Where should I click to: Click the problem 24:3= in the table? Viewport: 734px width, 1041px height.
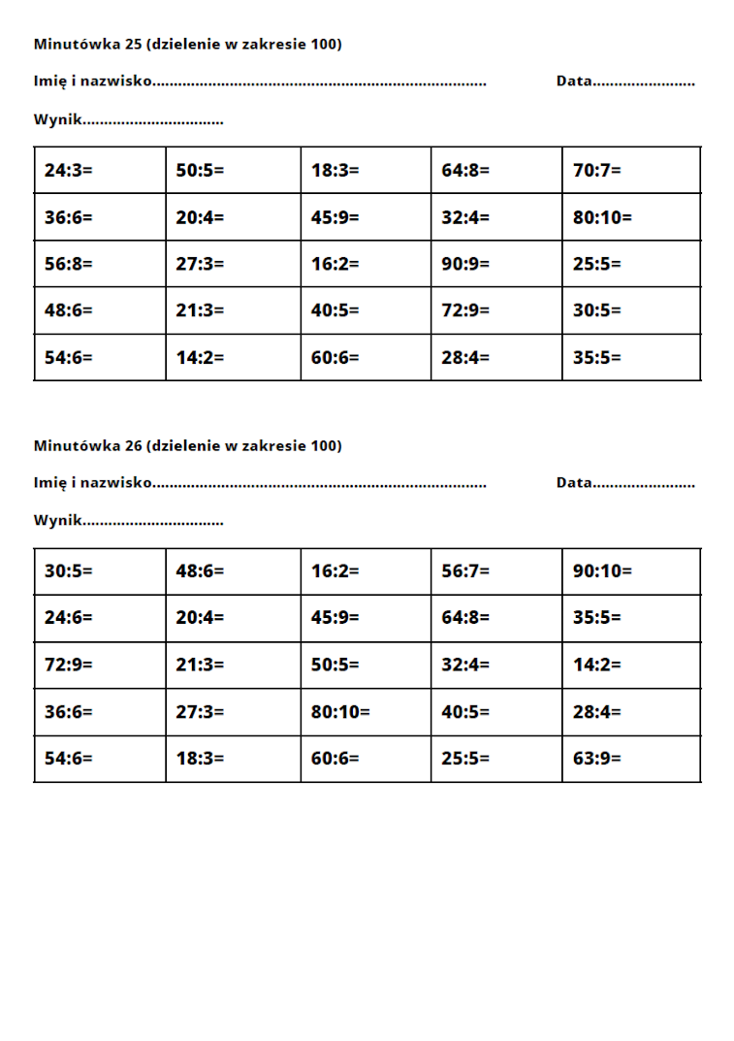[x=68, y=171]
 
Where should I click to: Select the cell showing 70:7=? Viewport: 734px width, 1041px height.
[x=596, y=171]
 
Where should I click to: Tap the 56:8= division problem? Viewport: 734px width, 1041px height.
[x=68, y=264]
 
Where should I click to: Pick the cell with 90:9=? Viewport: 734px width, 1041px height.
[x=465, y=264]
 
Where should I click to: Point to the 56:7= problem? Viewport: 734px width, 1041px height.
[x=465, y=571]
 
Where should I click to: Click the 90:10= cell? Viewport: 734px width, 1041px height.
[x=602, y=571]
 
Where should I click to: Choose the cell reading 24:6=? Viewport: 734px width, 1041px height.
[x=68, y=618]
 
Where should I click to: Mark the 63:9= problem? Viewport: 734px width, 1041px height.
[x=596, y=759]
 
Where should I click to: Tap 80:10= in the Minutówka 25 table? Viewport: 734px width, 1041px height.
[x=602, y=217]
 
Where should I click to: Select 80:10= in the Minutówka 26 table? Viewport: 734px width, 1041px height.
[x=340, y=712]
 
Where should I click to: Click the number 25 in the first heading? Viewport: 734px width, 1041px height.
[x=134, y=44]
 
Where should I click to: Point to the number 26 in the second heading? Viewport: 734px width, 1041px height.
[x=134, y=445]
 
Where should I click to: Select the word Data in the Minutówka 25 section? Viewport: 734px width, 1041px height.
[x=573, y=81]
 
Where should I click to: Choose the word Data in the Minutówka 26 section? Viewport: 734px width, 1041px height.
[x=573, y=482]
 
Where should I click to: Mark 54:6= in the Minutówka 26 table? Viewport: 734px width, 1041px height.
[x=68, y=759]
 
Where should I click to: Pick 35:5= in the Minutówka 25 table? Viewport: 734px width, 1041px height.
[x=596, y=357]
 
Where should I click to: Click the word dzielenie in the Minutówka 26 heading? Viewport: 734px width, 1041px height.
[x=183, y=445]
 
